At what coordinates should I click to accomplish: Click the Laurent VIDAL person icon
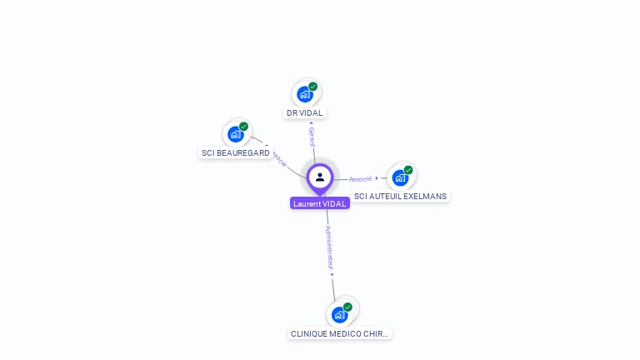[320, 177]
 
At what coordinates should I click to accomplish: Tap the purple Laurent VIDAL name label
[320, 203]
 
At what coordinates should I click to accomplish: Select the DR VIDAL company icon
[305, 93]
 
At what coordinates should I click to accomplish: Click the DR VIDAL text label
[305, 112]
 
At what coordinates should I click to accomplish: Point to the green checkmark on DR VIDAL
[313, 86]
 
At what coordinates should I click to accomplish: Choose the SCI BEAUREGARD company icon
[236, 133]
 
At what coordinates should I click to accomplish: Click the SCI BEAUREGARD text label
[236, 153]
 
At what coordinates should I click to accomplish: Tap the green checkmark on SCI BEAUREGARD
[244, 127]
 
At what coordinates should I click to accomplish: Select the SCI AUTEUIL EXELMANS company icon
[401, 177]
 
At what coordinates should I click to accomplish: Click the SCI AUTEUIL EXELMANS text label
[401, 197]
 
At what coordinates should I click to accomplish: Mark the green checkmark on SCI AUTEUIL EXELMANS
[408, 170]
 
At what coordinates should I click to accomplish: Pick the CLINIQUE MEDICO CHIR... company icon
[339, 314]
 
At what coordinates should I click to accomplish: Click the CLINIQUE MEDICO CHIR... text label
[339, 333]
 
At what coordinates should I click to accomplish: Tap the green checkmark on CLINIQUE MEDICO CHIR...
[347, 307]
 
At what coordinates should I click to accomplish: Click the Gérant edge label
[312, 137]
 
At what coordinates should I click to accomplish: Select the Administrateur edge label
[329, 246]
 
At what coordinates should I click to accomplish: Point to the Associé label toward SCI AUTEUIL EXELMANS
[360, 178]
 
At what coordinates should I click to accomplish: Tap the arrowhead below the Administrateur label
[332, 273]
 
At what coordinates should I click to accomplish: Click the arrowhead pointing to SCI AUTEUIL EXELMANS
[377, 177]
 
